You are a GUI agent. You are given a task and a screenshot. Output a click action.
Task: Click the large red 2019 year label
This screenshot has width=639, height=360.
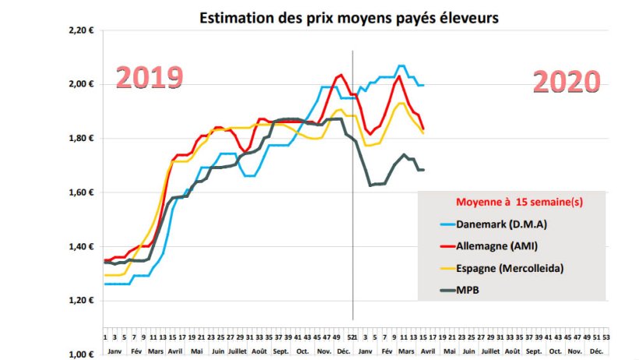click(x=149, y=78)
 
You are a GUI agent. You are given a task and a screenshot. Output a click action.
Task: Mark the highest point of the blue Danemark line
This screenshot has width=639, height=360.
click(x=401, y=66)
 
